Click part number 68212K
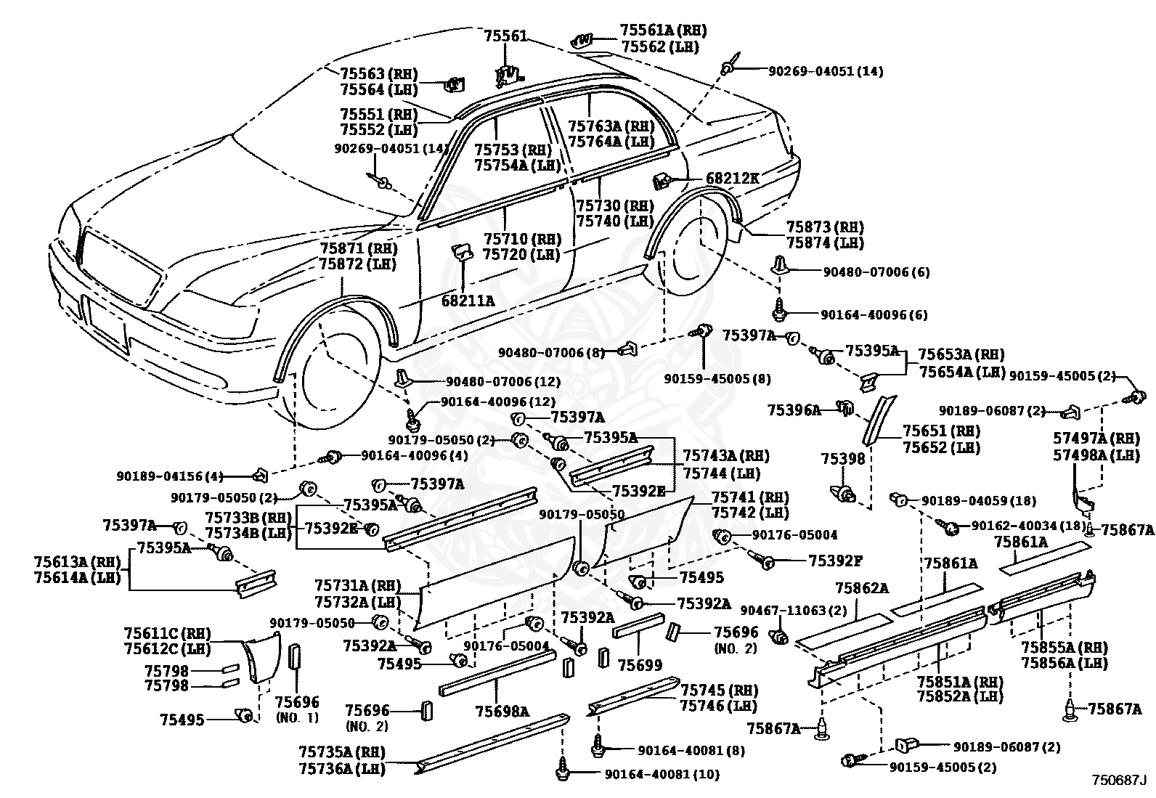733,179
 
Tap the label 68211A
468,301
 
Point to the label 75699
640,665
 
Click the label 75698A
502,712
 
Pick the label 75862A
862,588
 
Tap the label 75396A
794,410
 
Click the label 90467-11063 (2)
794,611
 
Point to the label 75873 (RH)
825,227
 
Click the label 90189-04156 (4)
170,476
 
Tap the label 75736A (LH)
342,769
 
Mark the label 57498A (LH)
1096,455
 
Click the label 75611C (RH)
168,633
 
